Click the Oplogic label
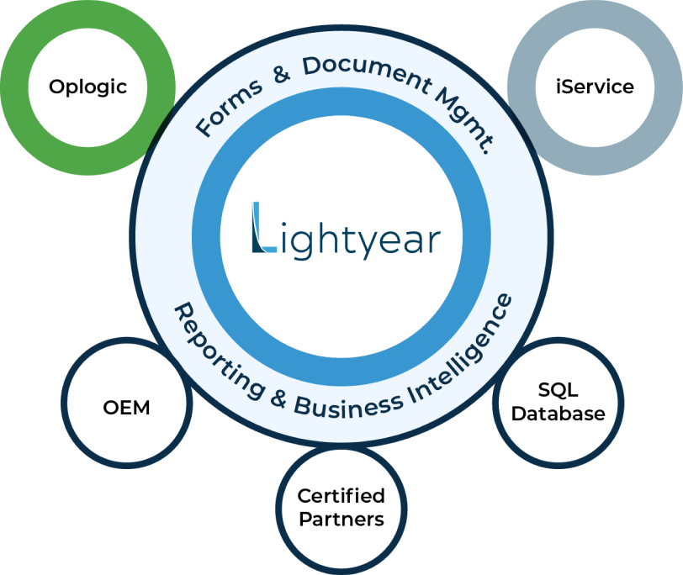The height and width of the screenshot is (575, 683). [x=87, y=87]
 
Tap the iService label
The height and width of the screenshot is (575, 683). [x=595, y=87]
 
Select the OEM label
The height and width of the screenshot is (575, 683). [x=126, y=408]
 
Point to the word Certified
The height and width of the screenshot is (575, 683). [x=341, y=496]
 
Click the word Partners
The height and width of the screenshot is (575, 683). [x=341, y=519]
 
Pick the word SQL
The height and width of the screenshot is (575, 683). [x=558, y=390]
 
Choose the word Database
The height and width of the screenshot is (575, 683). [x=558, y=414]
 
